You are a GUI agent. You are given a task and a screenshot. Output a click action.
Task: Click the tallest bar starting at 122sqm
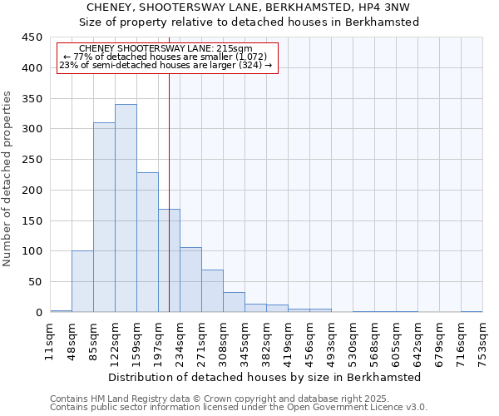click(126, 208)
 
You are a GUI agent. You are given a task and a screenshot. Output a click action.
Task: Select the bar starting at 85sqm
click(104, 217)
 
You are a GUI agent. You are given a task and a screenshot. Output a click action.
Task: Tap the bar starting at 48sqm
click(82, 281)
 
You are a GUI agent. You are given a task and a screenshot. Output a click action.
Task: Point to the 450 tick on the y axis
click(32, 37)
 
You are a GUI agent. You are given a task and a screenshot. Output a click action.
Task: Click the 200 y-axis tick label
click(32, 190)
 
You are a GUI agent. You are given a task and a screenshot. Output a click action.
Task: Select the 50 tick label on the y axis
click(35, 282)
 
